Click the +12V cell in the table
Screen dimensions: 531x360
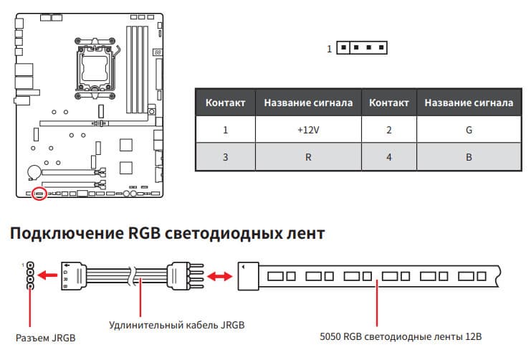click(308, 130)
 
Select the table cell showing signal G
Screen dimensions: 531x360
click(469, 130)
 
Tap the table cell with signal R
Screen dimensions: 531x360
click(308, 156)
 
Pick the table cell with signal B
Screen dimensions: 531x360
click(469, 156)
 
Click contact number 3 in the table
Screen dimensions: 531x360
click(226, 156)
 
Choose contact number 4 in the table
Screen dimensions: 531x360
click(389, 156)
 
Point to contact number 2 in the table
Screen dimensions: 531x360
click(389, 130)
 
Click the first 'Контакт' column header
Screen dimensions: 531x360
click(226, 103)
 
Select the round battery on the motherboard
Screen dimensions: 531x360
click(34, 172)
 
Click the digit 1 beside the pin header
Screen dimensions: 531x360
click(329, 49)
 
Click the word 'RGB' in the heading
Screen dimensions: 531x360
click(143, 233)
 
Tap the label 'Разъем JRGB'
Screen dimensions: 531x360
click(46, 338)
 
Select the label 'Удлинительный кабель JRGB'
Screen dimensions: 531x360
click(177, 325)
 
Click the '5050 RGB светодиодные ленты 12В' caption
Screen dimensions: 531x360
click(401, 336)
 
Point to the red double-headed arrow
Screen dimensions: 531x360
click(220, 276)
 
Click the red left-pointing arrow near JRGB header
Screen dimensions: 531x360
click(47, 275)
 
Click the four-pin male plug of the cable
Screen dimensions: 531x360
click(185, 275)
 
